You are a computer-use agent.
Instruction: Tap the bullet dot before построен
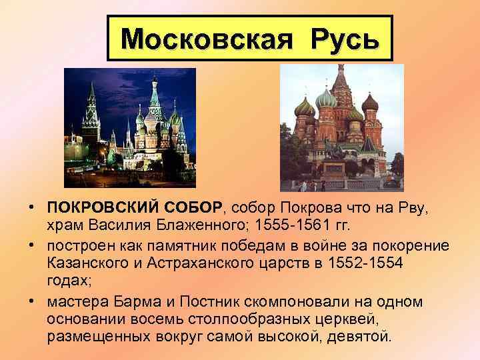32,245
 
